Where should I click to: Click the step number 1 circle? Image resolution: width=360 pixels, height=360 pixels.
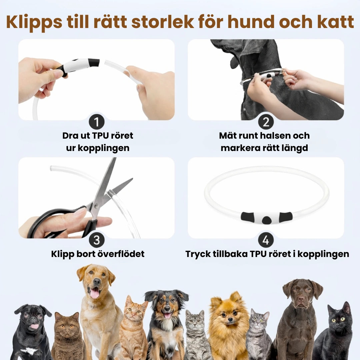coord(97,122)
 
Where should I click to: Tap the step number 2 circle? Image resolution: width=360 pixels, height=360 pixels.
coord(266,122)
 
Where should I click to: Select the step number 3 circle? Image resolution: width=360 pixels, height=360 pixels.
coord(97,240)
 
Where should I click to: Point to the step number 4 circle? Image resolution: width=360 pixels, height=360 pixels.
coord(266,240)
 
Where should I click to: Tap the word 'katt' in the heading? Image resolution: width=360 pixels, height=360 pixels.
coord(334,22)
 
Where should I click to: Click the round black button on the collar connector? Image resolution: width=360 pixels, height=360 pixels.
coord(266,220)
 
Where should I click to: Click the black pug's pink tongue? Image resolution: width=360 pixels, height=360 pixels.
coord(35,326)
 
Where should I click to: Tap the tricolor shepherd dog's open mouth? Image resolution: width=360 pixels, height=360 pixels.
coord(168,315)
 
